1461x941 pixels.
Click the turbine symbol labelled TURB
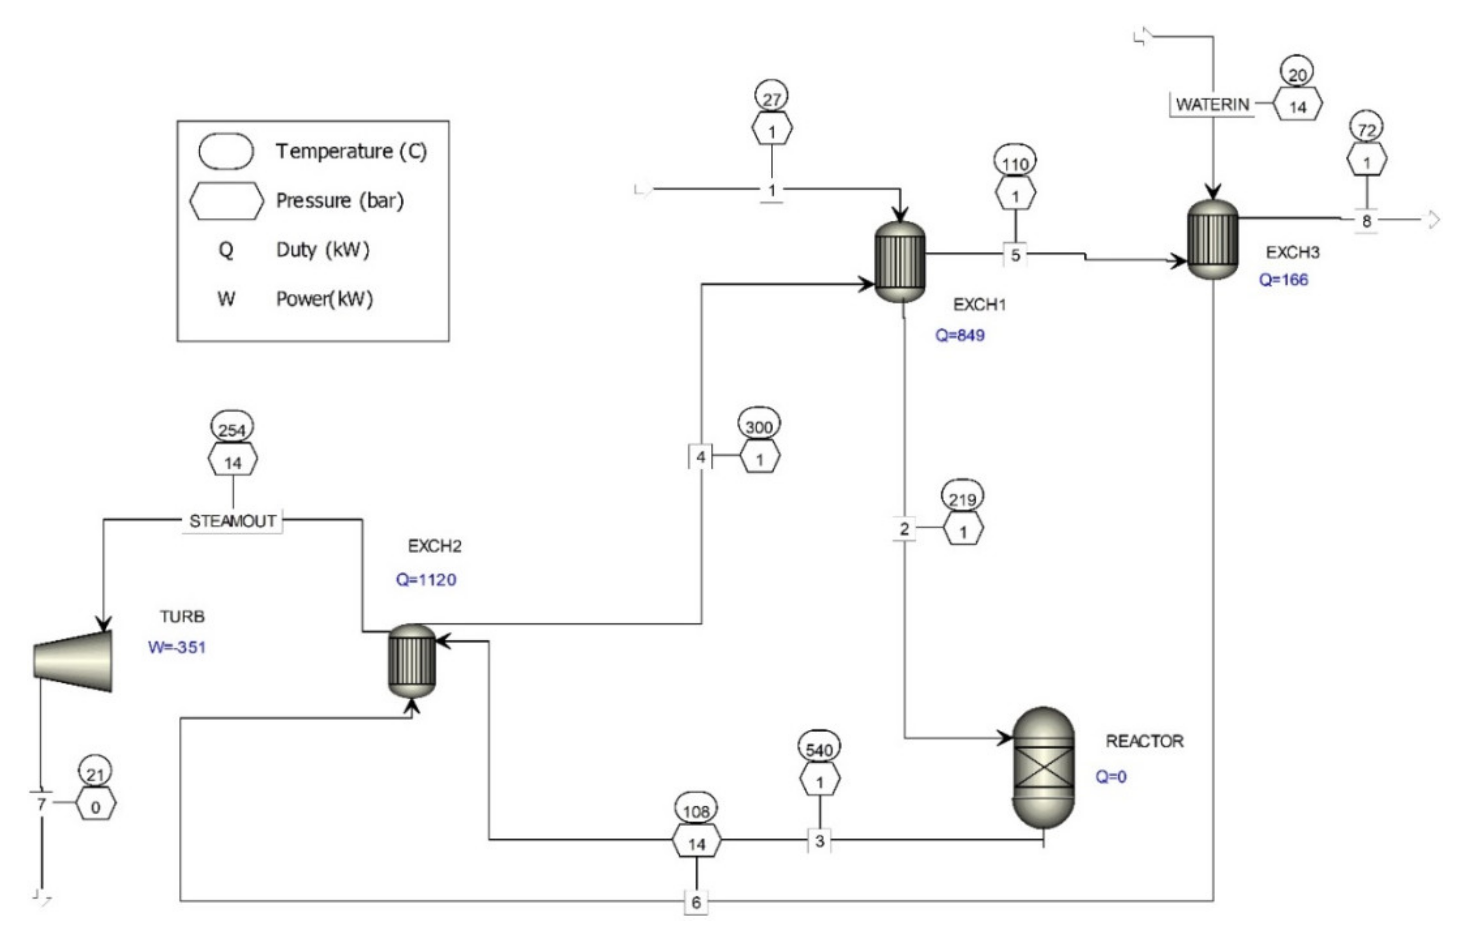point(73,661)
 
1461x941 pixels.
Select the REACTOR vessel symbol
point(1044,768)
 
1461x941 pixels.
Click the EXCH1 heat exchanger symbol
point(900,261)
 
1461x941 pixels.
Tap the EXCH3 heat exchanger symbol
point(1212,239)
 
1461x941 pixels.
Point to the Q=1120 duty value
point(426,579)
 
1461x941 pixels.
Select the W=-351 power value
point(177,647)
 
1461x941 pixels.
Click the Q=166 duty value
point(1283,280)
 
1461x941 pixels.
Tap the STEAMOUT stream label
point(232,521)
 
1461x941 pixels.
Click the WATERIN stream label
point(1212,104)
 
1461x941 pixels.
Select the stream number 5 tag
point(1015,255)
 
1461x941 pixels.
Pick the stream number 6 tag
point(696,902)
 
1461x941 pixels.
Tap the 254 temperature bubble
point(232,430)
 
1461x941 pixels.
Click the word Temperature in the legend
point(334,151)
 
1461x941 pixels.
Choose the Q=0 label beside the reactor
point(1111,777)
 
